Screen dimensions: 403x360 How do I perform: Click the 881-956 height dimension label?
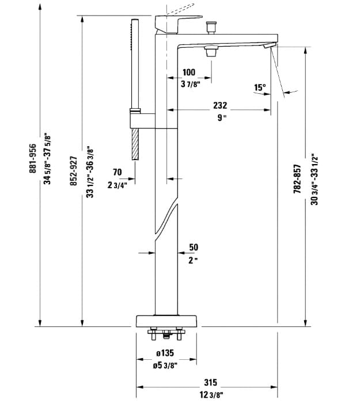[x=33, y=159]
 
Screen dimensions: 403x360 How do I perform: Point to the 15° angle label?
[x=260, y=88]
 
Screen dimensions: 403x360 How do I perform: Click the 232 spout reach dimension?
[x=220, y=105]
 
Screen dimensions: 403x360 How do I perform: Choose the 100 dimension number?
[x=188, y=73]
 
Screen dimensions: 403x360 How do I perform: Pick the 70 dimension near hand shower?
[x=117, y=172]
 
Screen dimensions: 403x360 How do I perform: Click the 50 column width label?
[x=194, y=247]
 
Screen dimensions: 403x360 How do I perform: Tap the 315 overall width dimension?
[x=211, y=382]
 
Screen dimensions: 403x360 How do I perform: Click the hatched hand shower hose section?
[x=135, y=143]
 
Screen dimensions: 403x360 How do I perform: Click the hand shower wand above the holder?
[x=135, y=63]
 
